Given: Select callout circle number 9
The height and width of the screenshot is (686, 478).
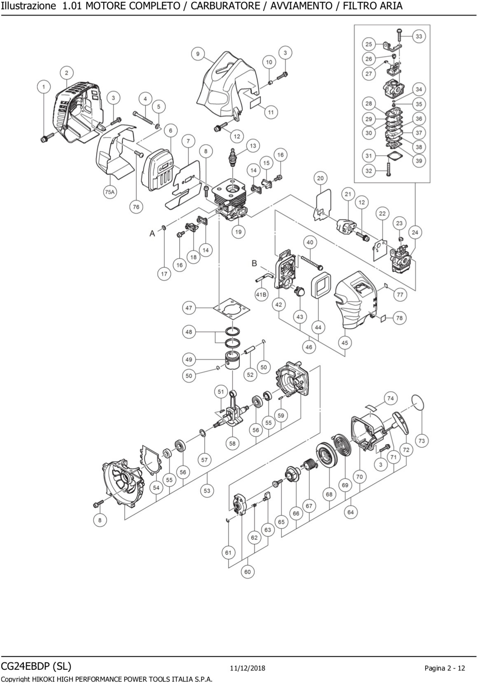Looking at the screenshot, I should coord(198,54).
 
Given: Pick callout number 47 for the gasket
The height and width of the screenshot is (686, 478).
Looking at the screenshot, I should coord(189,308).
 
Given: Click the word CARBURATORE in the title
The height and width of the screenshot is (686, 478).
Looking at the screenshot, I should coord(225,6).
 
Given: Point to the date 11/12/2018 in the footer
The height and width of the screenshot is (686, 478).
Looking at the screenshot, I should coord(248,668).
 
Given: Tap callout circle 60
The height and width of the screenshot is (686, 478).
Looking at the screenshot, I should coord(248,572).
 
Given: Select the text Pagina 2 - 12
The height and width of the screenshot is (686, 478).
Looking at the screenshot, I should coord(444,668).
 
